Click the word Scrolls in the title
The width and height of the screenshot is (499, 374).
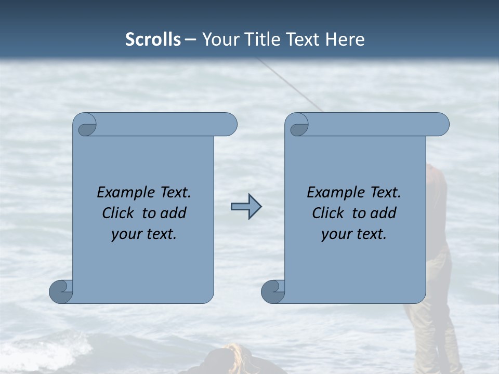pos(153,39)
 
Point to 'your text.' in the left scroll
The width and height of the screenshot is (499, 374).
pos(144,234)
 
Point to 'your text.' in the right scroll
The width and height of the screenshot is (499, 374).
pos(354,234)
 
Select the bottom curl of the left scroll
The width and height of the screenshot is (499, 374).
pos(61,291)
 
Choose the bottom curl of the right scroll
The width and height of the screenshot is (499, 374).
pos(273,291)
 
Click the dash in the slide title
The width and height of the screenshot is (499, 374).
pos(191,39)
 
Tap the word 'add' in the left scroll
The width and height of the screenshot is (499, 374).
pos(174,213)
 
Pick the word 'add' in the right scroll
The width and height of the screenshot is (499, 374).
pos(384,213)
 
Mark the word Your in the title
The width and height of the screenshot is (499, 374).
pos(218,39)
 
